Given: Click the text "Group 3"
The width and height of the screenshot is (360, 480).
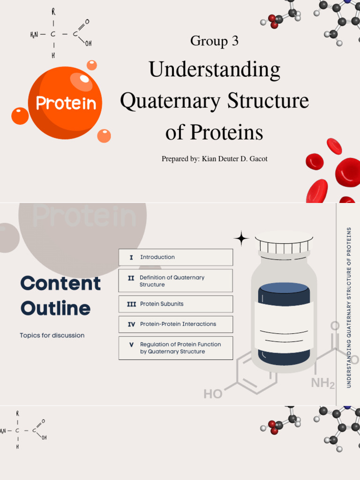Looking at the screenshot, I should click(214, 41).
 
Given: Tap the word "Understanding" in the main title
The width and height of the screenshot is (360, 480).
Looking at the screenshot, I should click(214, 70).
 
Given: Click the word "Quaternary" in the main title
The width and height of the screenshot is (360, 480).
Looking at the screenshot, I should click(172, 101).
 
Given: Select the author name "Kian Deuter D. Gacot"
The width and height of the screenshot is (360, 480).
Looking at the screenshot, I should click(234, 159).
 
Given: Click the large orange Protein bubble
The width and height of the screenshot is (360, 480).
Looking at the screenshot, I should click(65, 103).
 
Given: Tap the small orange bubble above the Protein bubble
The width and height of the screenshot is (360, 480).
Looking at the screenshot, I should click(92, 65).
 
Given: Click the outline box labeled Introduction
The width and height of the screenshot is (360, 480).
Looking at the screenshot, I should click(175, 257).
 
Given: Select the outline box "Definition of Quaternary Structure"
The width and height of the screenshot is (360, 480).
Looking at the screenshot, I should click(175, 281).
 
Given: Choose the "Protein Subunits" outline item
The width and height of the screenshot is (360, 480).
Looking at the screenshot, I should click(175, 304).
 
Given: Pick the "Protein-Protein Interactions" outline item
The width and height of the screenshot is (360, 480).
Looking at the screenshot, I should click(175, 324).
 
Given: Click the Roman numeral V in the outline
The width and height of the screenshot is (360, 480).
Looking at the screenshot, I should click(131, 345).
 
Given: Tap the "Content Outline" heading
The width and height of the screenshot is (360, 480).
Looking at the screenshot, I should click(60, 296).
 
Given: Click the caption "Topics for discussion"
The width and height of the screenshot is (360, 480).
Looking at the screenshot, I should click(52, 336).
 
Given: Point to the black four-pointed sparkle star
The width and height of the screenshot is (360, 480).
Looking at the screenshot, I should click(241, 239).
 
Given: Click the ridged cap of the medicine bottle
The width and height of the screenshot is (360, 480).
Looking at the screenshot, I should click(284, 243).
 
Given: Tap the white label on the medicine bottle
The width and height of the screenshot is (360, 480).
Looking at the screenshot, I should click(284, 326).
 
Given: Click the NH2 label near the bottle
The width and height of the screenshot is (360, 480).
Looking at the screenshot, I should click(323, 384).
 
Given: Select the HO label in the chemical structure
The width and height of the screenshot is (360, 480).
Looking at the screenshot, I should click(213, 394).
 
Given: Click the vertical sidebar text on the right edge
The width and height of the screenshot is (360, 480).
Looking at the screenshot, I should click(348, 307).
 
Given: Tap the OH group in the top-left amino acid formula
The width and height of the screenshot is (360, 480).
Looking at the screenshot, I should click(88, 44).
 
